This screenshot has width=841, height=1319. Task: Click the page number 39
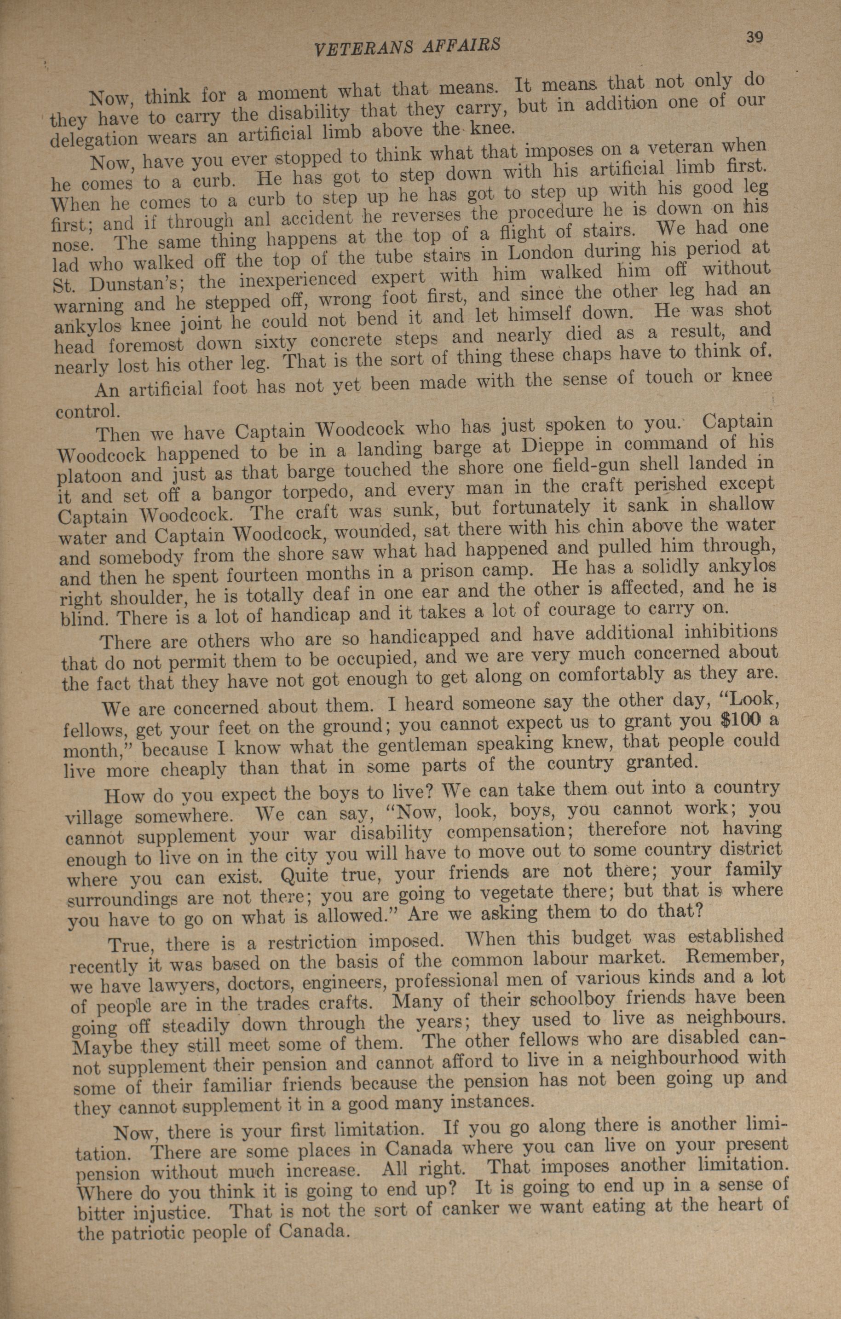coord(754,37)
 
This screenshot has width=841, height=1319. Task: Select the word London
coord(541,254)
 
